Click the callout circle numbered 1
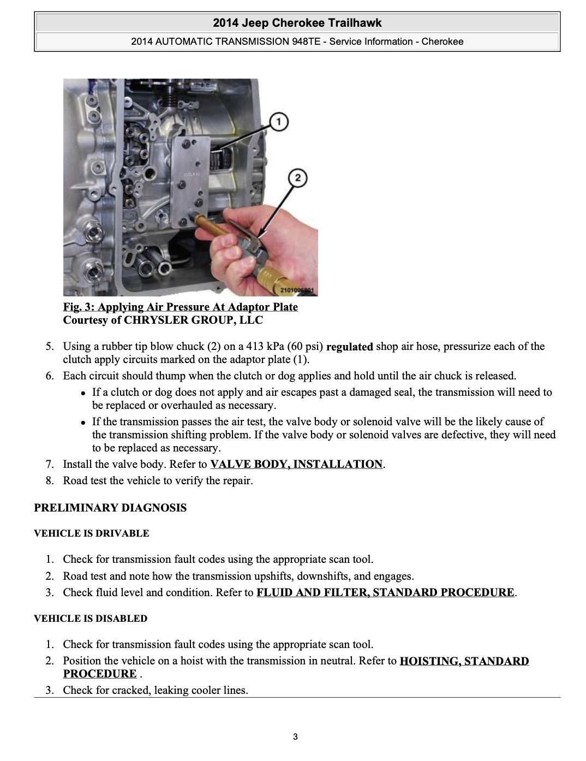point(279,121)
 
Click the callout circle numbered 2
point(297,178)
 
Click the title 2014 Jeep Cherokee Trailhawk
point(297,23)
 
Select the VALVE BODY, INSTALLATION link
point(296,464)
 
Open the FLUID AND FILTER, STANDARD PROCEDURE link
point(385,592)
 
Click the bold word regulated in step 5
point(349,347)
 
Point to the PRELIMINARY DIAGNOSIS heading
point(110,508)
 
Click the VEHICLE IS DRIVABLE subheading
point(91,533)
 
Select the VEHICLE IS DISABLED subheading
point(91,619)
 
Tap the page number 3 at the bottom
point(295,737)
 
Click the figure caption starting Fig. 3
point(180,307)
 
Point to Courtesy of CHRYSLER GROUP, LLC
point(163,320)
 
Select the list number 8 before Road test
point(50,480)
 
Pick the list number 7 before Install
point(50,464)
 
